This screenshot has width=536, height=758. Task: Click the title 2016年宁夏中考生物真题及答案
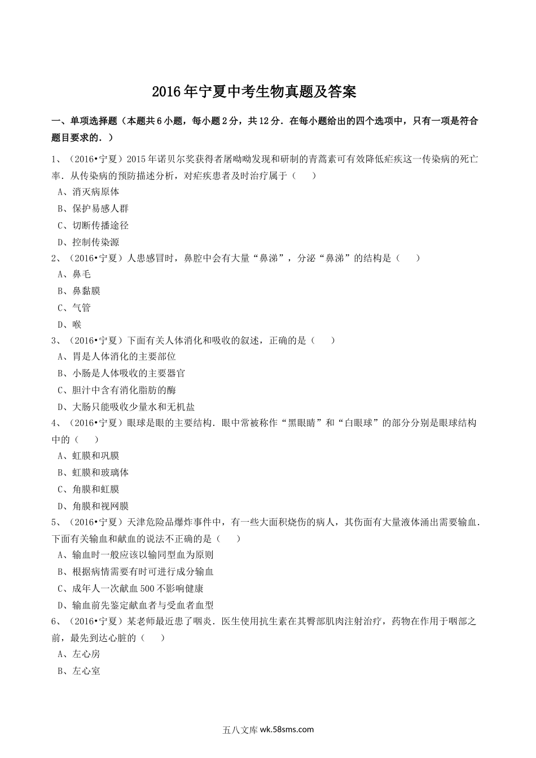coord(254,91)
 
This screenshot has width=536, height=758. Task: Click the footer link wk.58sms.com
coord(285,729)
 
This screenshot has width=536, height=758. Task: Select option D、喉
coord(69,324)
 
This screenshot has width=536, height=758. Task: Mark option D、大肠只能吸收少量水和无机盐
coord(126,407)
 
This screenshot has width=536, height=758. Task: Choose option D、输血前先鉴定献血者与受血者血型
coord(135,605)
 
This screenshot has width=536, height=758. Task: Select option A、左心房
coord(79,654)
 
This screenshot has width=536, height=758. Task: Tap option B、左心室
coord(79,671)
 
